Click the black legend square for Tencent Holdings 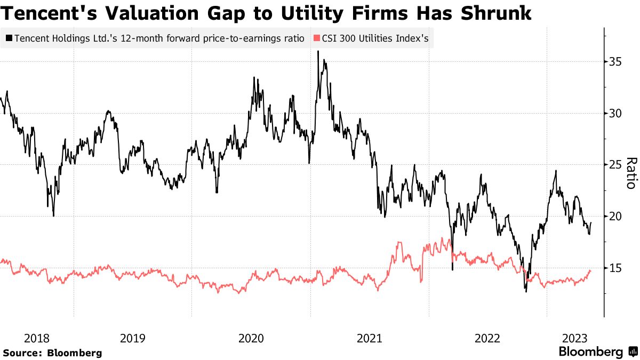click(9, 39)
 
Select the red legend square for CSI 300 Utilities click(317, 39)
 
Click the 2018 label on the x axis click(37, 338)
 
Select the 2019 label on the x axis click(133, 338)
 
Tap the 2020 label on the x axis click(251, 338)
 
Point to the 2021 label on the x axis click(369, 338)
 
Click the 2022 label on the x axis click(487, 338)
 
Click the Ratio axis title click(630, 173)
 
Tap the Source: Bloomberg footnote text click(52, 353)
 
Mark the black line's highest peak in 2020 click(318, 52)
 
